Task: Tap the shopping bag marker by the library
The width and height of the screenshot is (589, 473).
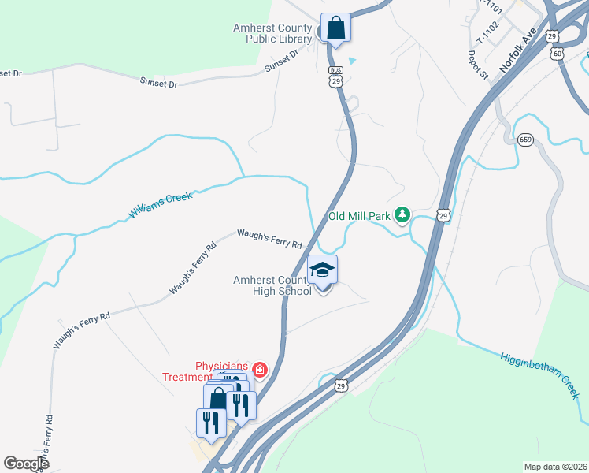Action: click(335, 28)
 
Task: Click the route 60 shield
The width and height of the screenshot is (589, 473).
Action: click(558, 53)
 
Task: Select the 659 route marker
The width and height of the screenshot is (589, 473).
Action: click(525, 140)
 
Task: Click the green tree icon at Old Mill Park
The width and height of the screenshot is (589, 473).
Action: click(402, 214)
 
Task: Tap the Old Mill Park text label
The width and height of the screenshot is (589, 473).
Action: click(359, 216)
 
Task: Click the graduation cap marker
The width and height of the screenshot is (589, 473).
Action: click(322, 270)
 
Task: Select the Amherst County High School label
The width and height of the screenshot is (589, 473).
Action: click(272, 285)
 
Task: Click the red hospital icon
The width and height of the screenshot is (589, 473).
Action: click(258, 369)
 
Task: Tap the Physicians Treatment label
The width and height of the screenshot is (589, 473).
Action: click(222, 371)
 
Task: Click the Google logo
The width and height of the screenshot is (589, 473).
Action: click(26, 464)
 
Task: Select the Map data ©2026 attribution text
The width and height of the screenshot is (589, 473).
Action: click(554, 467)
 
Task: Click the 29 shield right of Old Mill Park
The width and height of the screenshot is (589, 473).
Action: click(443, 215)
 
